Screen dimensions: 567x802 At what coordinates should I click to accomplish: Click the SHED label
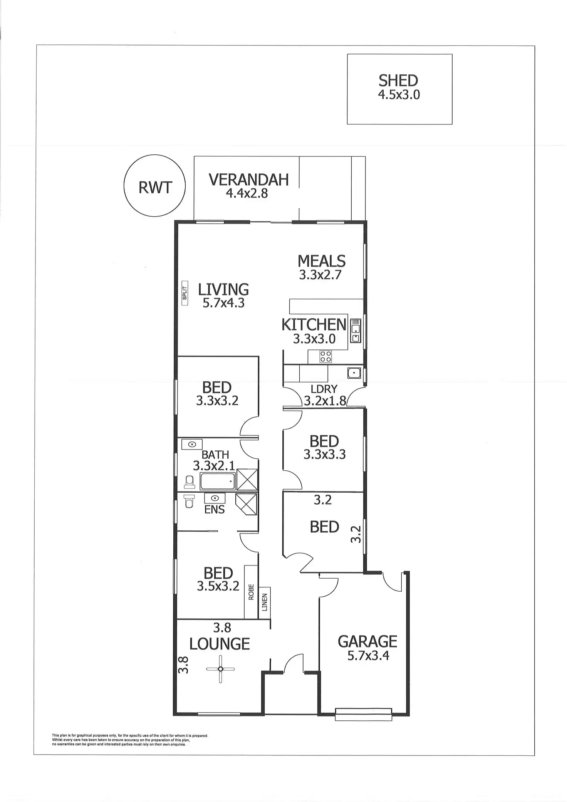pyautogui.click(x=398, y=81)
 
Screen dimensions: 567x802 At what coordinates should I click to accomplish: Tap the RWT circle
pyautogui.click(x=154, y=188)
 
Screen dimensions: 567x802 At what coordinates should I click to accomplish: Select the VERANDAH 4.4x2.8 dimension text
pyautogui.click(x=247, y=193)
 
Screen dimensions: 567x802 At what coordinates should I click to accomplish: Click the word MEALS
pyautogui.click(x=321, y=262)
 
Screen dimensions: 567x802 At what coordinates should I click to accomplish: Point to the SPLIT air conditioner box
pyautogui.click(x=185, y=293)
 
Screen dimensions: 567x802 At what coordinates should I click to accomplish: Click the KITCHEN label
pyautogui.click(x=314, y=325)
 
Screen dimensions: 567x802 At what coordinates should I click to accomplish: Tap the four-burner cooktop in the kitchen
pyautogui.click(x=326, y=357)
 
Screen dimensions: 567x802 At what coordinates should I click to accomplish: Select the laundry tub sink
pyautogui.click(x=353, y=373)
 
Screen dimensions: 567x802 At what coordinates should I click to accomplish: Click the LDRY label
pyautogui.click(x=324, y=389)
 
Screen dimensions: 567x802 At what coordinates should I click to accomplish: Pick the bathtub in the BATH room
pyautogui.click(x=217, y=482)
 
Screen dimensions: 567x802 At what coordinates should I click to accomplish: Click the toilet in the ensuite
pyautogui.click(x=189, y=501)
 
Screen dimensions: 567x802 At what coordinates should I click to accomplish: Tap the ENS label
pyautogui.click(x=215, y=510)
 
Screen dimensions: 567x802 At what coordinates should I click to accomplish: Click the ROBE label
pyautogui.click(x=251, y=592)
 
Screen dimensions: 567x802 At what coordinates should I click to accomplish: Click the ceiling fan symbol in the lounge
pyautogui.click(x=220, y=669)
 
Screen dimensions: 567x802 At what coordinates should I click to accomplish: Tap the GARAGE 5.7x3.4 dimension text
pyautogui.click(x=368, y=655)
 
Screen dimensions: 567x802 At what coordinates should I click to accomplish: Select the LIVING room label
pyautogui.click(x=223, y=289)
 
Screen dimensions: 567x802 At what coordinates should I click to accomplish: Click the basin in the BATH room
pyautogui.click(x=191, y=444)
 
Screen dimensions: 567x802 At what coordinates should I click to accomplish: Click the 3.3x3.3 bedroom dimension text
pyautogui.click(x=324, y=455)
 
